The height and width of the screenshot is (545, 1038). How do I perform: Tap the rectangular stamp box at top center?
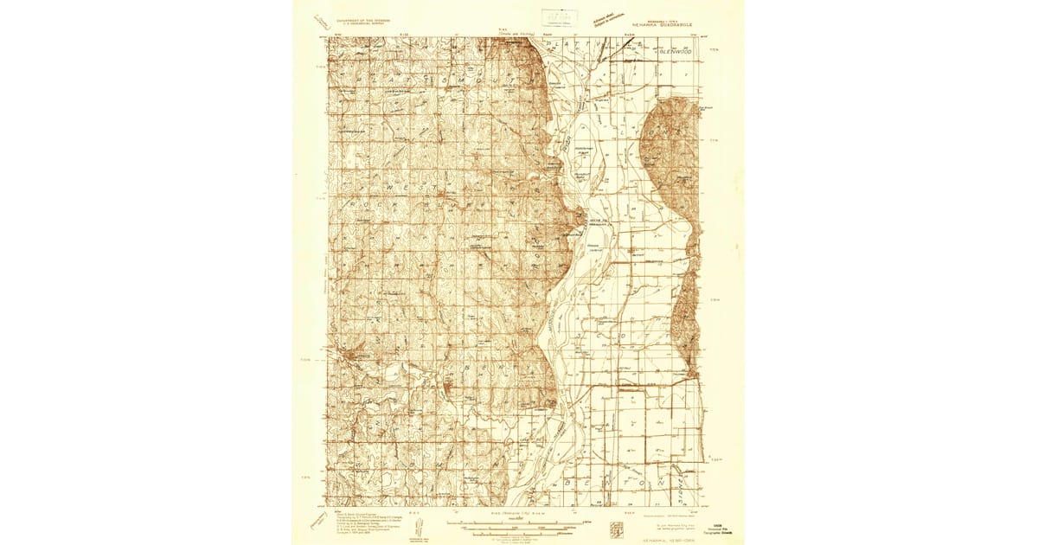pos(560,17)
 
